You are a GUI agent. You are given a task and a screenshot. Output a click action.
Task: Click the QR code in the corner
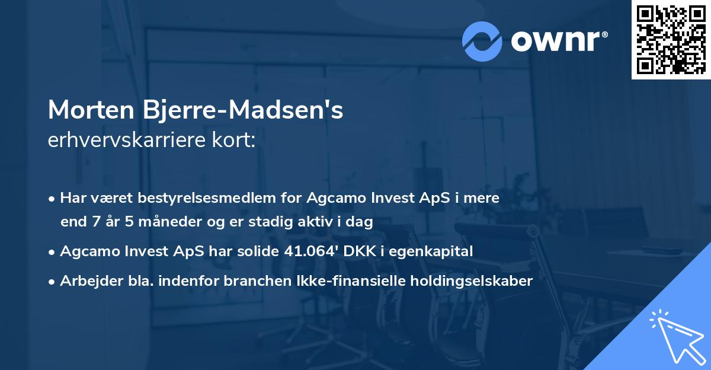(671, 40)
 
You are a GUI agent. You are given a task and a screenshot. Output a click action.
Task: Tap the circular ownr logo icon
(482, 41)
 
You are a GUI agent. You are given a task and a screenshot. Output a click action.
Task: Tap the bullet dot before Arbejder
(53, 282)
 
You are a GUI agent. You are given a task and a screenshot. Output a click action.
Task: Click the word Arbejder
(87, 281)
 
